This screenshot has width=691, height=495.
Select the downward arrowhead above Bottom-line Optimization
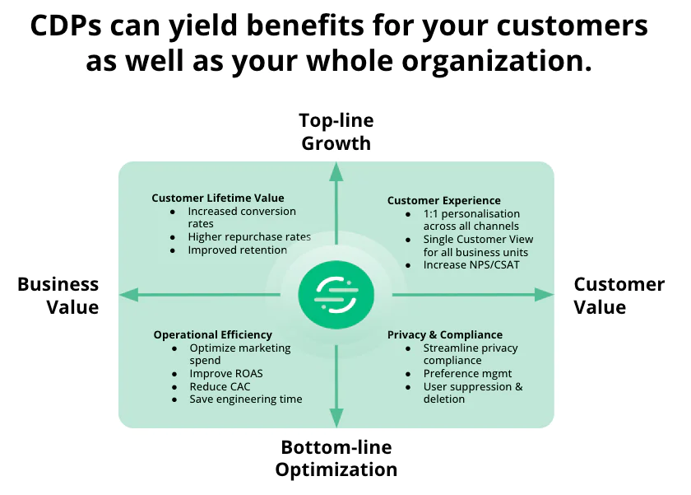click(336, 418)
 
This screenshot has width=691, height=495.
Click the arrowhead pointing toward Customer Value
click(544, 294)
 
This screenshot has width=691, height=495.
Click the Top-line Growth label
click(336, 132)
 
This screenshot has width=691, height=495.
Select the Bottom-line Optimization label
click(336, 459)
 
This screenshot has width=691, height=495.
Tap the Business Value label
click(58, 296)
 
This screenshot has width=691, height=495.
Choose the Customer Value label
click(619, 296)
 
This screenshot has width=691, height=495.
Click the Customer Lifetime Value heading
click(218, 198)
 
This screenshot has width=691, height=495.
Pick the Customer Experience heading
click(444, 200)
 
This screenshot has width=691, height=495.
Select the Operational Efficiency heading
click(212, 334)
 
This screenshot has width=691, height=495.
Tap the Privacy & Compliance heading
click(445, 334)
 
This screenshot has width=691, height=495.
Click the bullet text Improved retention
click(238, 250)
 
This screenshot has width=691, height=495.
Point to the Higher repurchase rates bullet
click(249, 237)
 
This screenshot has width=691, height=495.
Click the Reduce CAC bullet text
click(220, 386)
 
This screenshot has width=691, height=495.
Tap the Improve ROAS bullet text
click(226, 373)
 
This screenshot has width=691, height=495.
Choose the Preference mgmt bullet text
click(468, 373)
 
